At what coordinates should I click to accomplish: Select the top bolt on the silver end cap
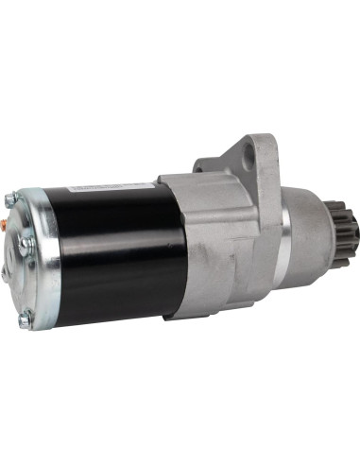pos(10,199)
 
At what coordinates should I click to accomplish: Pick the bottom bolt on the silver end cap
pos(25,319)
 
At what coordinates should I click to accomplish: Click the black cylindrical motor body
pos(104,255)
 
